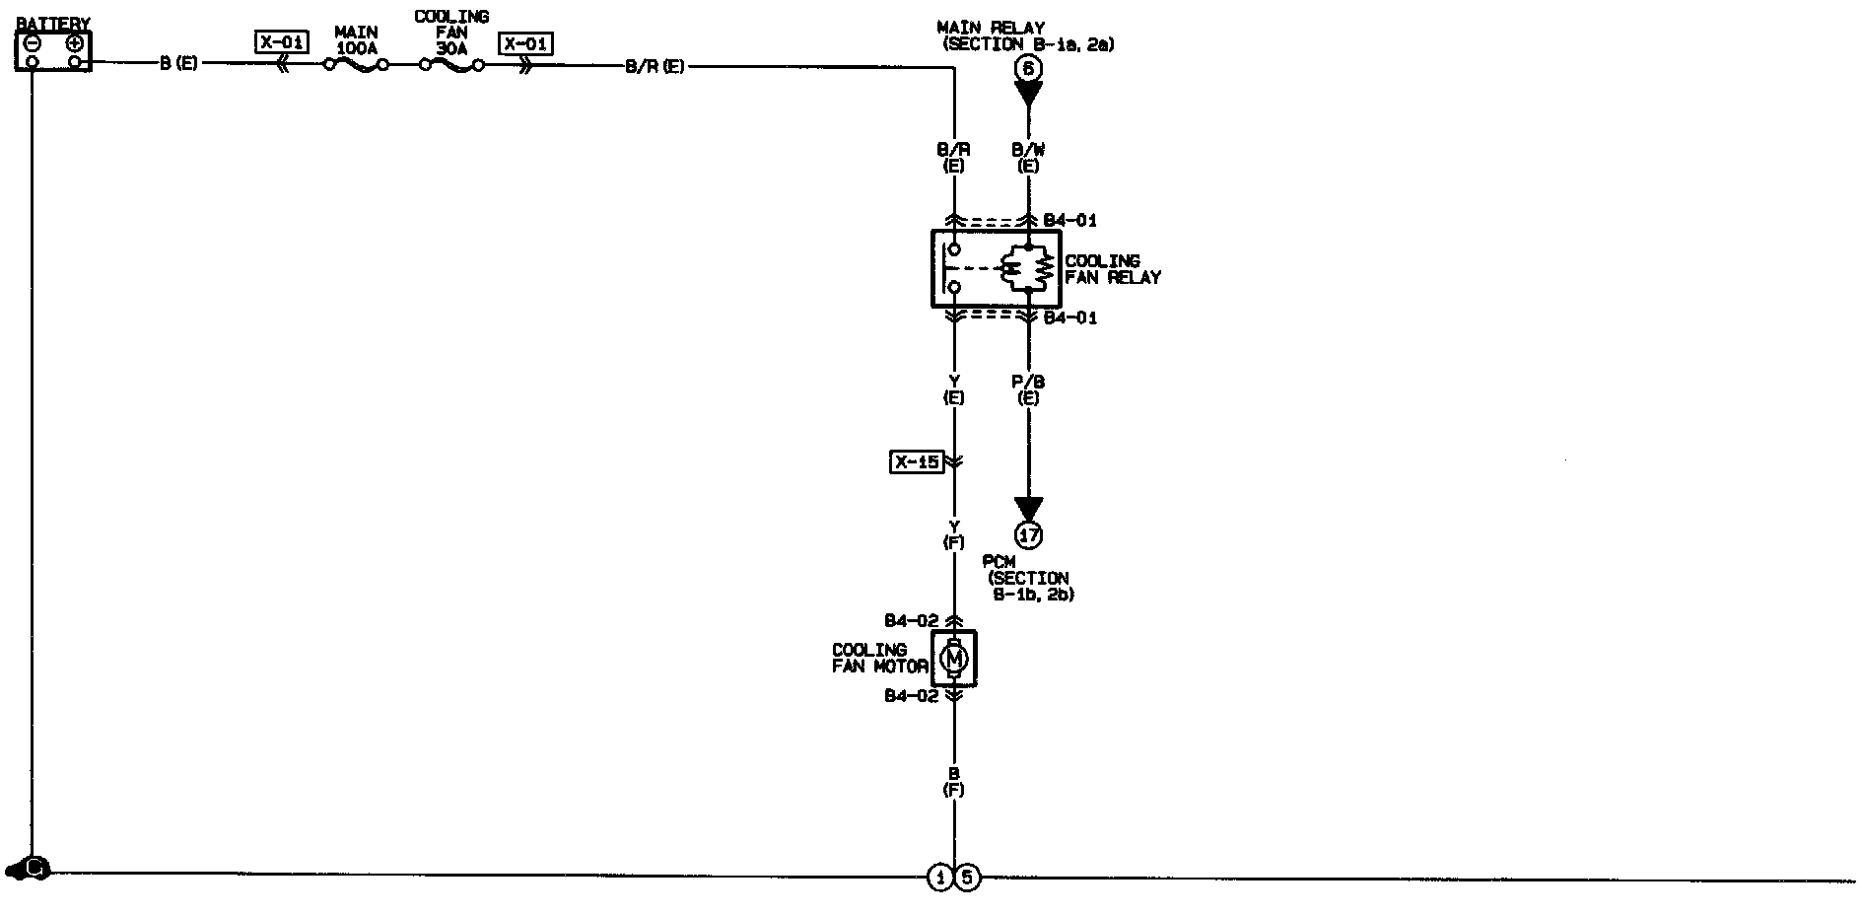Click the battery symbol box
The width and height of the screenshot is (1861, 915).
click(x=52, y=51)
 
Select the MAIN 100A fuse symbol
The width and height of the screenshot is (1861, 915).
click(x=356, y=66)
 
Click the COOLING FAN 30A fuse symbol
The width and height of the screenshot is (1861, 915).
click(x=451, y=66)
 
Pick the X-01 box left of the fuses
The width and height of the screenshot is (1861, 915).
click(x=282, y=42)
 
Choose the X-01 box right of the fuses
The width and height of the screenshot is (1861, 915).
click(x=526, y=43)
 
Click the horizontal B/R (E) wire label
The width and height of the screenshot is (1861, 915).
click(x=655, y=67)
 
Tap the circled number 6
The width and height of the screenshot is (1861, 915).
click(x=1028, y=68)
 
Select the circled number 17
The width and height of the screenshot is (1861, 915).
click(x=1028, y=535)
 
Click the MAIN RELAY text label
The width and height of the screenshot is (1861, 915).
click(x=991, y=28)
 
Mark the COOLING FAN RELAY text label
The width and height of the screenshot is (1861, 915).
click(x=1112, y=269)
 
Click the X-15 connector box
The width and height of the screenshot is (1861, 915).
click(x=916, y=461)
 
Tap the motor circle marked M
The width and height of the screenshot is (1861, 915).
click(x=954, y=658)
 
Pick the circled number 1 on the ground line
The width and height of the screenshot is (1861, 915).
click(x=940, y=877)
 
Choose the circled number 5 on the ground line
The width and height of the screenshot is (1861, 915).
click(x=967, y=877)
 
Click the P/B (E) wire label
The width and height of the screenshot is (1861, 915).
click(x=1028, y=389)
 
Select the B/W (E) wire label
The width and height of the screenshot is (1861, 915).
click(x=1028, y=158)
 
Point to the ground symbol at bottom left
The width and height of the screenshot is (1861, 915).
click(x=29, y=869)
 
